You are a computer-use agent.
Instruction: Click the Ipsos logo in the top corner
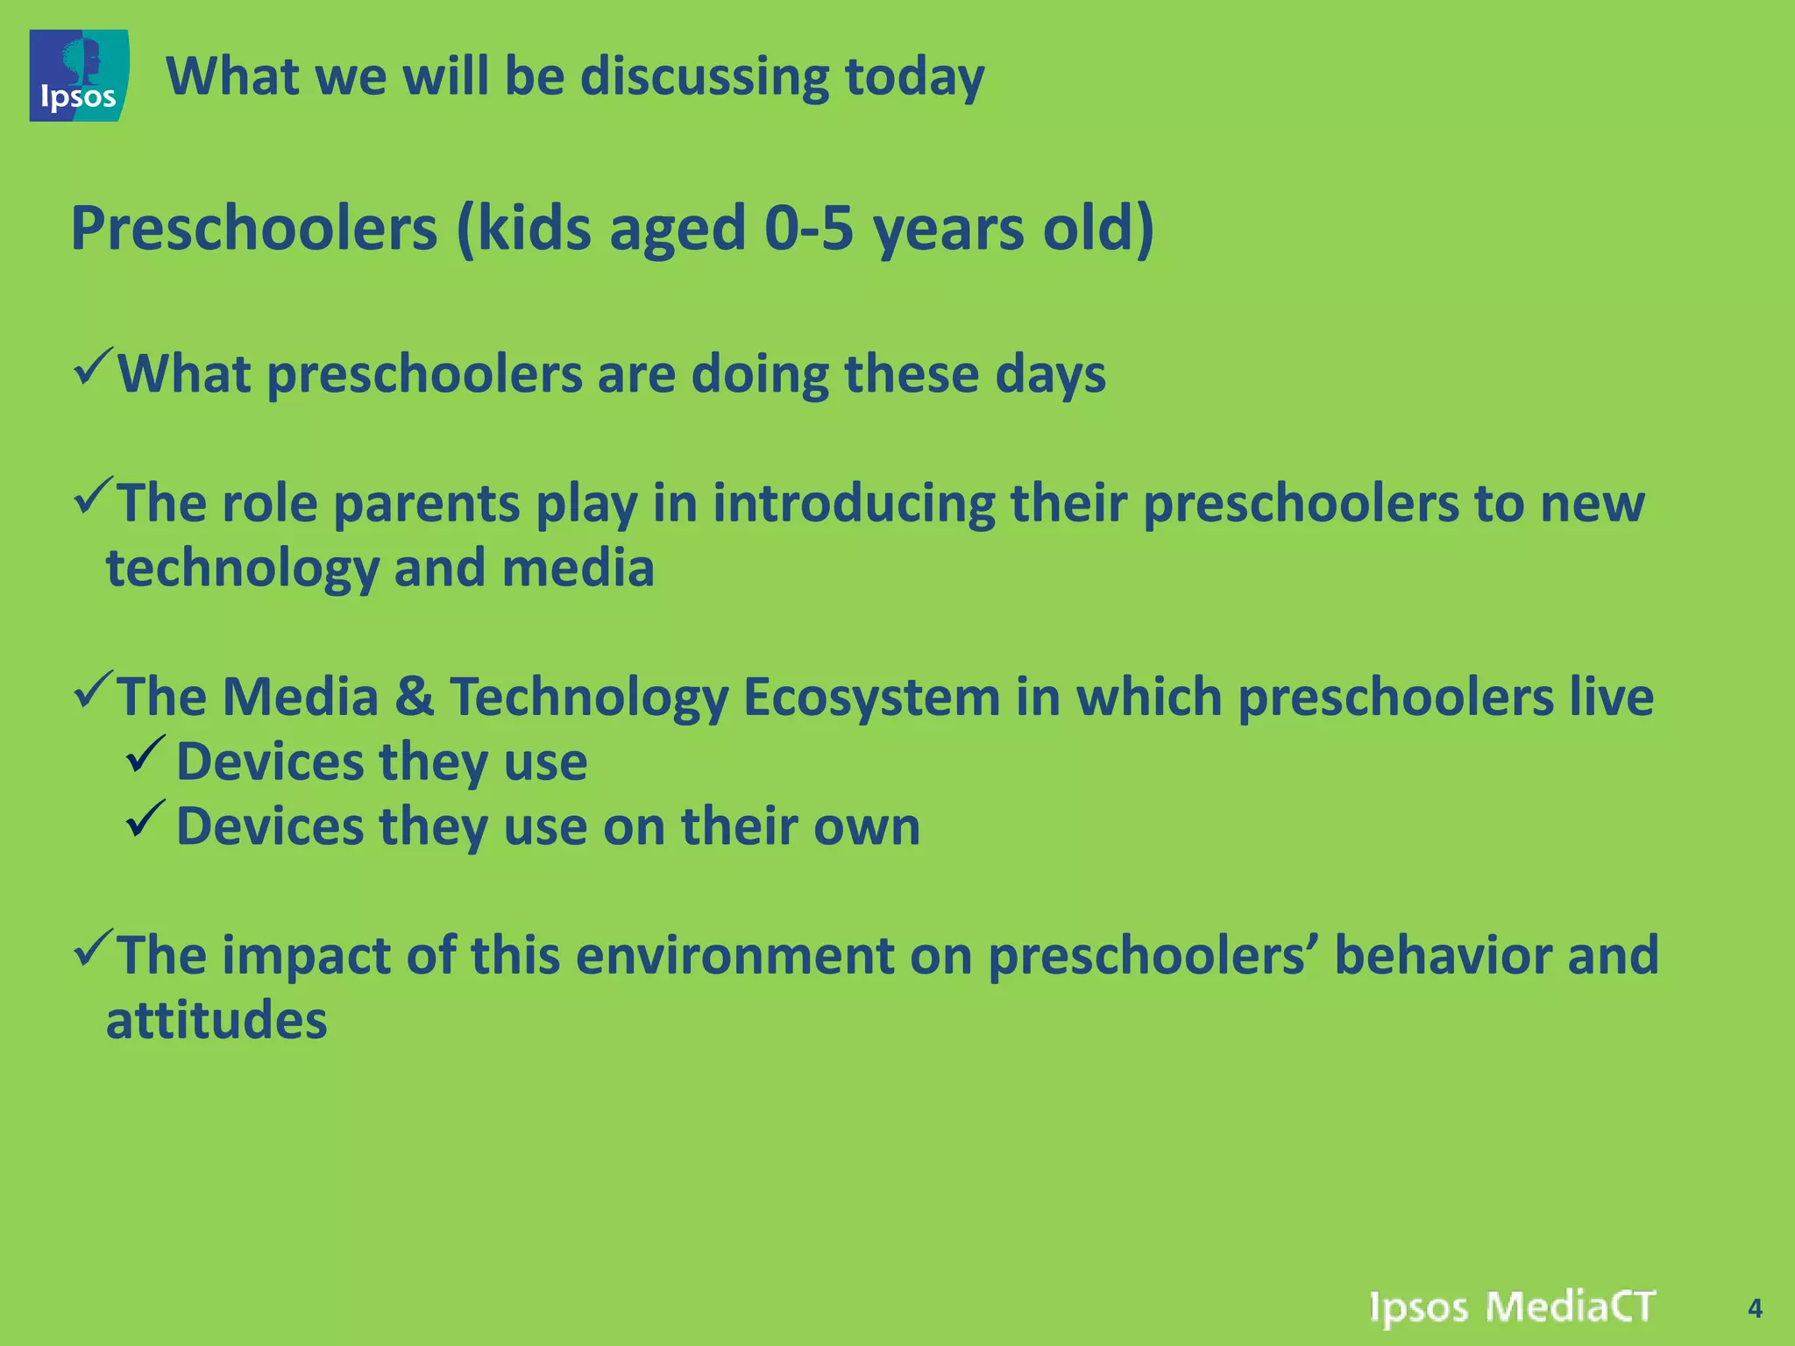(x=79, y=75)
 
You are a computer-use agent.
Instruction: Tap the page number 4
(x=1754, y=1308)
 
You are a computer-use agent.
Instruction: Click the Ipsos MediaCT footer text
(x=1511, y=1307)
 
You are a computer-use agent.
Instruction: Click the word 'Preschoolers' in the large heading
(x=253, y=229)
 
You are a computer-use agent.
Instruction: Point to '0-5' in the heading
(x=808, y=229)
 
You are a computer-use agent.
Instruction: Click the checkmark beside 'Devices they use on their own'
(x=145, y=818)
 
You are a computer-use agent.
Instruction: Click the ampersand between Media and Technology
(x=414, y=698)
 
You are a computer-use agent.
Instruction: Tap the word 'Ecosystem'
(x=871, y=698)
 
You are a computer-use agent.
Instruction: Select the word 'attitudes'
(x=216, y=1021)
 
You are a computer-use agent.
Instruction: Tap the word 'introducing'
(x=854, y=505)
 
